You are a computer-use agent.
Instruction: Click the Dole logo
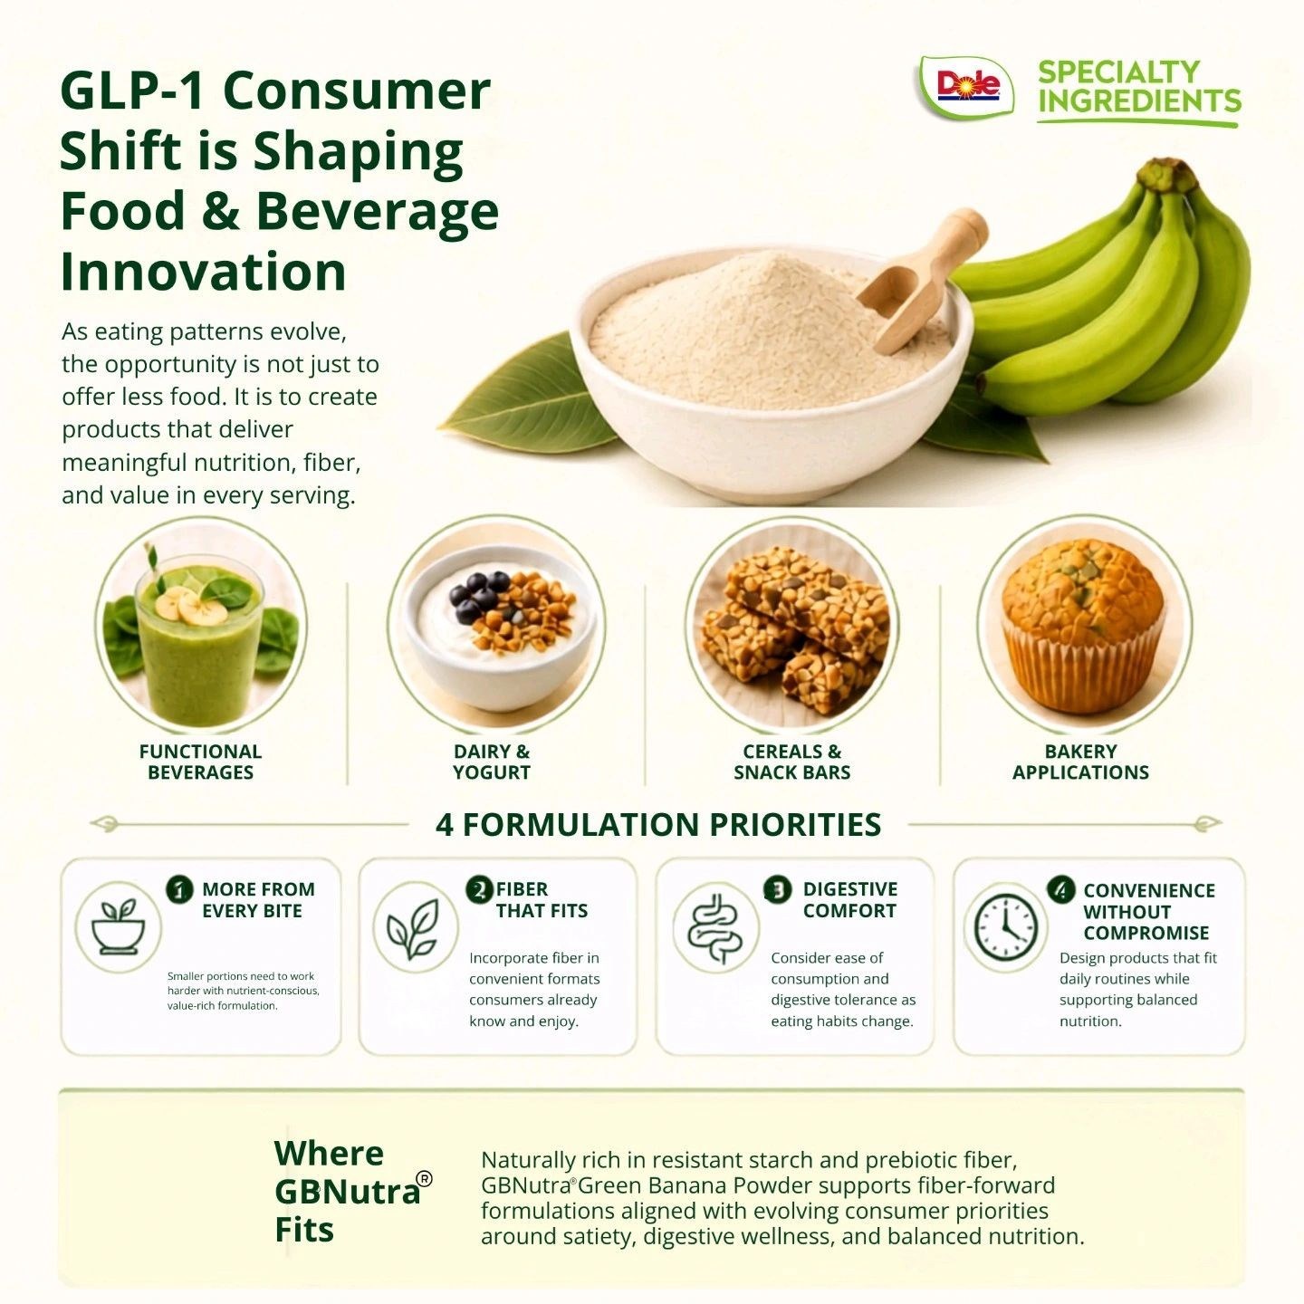(x=966, y=86)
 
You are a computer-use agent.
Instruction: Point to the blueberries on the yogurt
(x=479, y=596)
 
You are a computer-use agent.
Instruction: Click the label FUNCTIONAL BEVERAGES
(x=200, y=762)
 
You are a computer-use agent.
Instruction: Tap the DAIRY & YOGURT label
(x=492, y=762)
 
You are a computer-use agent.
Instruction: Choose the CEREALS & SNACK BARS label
(x=791, y=762)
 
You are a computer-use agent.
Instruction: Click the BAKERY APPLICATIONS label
(x=1080, y=762)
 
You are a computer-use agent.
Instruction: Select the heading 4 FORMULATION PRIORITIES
(x=658, y=824)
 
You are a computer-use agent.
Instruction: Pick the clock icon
(x=1005, y=928)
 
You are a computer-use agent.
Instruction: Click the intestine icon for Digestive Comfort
(x=715, y=927)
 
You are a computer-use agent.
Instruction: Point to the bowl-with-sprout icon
(x=120, y=926)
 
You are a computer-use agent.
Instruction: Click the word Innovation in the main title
(x=204, y=272)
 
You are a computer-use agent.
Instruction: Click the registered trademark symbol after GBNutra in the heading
(x=425, y=1179)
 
